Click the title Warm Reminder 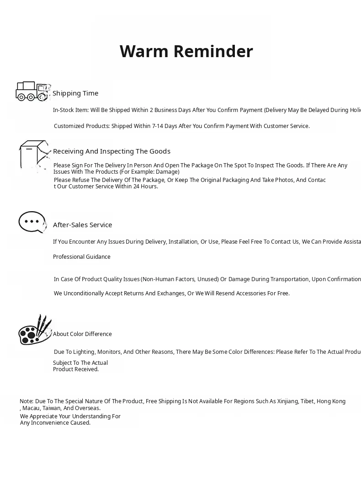pyautogui.click(x=186, y=52)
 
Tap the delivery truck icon pyautogui.click(x=31, y=91)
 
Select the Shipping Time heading pyautogui.click(x=75, y=93)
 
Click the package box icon pyautogui.click(x=33, y=155)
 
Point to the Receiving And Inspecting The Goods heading pyautogui.click(x=111, y=151)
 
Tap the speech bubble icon pyautogui.click(x=32, y=222)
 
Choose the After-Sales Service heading pyautogui.click(x=82, y=225)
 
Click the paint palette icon pyautogui.click(x=34, y=330)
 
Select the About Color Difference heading pyautogui.click(x=82, y=334)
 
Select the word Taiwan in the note pyautogui.click(x=52, y=408)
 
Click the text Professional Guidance pyautogui.click(x=82, y=257)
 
